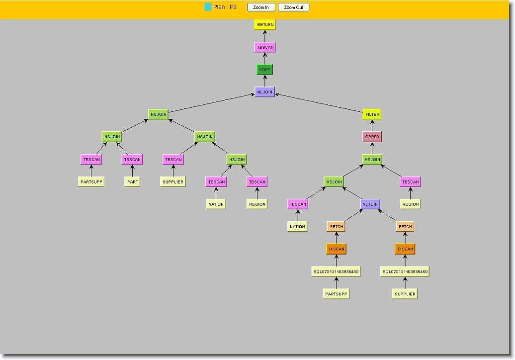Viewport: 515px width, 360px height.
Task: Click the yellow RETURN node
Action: pos(264,24)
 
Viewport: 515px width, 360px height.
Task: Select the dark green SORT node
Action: pos(264,70)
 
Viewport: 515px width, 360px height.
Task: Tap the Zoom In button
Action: pos(261,7)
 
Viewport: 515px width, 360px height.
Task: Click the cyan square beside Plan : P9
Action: pos(208,7)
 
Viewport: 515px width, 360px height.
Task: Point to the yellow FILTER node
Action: pos(372,114)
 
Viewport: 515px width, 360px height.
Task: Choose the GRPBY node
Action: pos(372,137)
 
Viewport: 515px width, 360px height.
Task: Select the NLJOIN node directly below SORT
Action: pos(264,92)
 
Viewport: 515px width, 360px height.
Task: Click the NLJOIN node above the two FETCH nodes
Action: pos(370,204)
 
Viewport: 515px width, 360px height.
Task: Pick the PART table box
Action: pos(132,181)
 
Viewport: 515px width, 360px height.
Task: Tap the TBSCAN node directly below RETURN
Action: pos(264,47)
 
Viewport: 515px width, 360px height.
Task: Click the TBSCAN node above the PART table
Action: pos(132,159)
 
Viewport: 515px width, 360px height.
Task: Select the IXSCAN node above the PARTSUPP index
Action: pos(336,249)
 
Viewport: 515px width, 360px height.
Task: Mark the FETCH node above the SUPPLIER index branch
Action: pos(405,226)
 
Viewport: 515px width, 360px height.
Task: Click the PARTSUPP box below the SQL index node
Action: pos(336,294)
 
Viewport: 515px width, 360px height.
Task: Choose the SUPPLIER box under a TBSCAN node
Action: pos(173,181)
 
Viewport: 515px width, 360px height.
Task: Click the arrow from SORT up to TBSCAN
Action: pos(264,59)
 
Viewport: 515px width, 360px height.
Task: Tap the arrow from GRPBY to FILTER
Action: pos(372,126)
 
